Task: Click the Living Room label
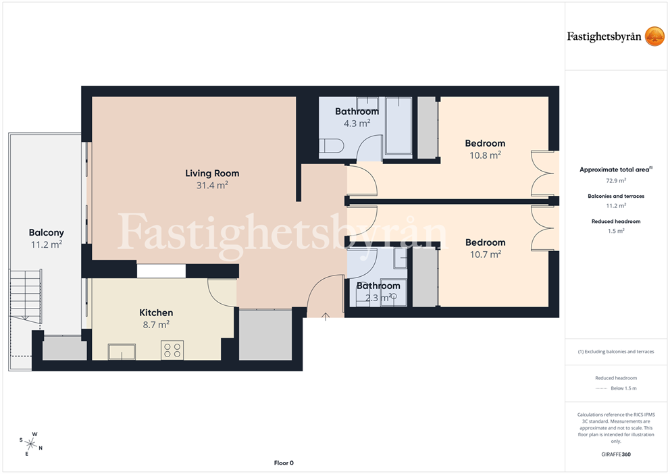pyautogui.click(x=212, y=174)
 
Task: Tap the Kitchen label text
pyautogui.click(x=156, y=313)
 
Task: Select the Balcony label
pyautogui.click(x=46, y=233)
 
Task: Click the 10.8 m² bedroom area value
pyautogui.click(x=485, y=155)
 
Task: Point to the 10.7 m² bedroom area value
pyautogui.click(x=486, y=255)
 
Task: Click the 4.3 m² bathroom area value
pyautogui.click(x=357, y=124)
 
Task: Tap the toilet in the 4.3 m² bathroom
pyautogui.click(x=332, y=146)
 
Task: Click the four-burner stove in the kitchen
pyautogui.click(x=172, y=350)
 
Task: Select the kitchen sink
pyautogui.click(x=122, y=352)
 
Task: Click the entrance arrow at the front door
pyautogui.click(x=326, y=317)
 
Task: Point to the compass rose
pyautogui.click(x=31, y=444)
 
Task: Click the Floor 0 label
pyautogui.click(x=284, y=463)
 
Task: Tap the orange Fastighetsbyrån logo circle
pyautogui.click(x=654, y=36)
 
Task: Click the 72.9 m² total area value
pyautogui.click(x=616, y=181)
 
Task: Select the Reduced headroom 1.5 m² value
pyautogui.click(x=616, y=231)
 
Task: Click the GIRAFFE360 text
pyautogui.click(x=616, y=454)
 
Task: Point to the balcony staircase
pyautogui.click(x=26, y=294)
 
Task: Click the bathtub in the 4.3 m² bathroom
pyautogui.click(x=398, y=126)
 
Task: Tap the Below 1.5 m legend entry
pyautogui.click(x=616, y=388)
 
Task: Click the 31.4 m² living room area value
pyautogui.click(x=212, y=185)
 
